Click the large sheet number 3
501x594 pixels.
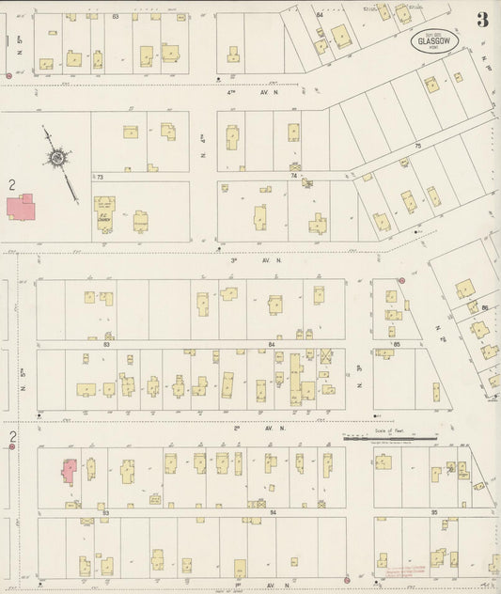click(481, 21)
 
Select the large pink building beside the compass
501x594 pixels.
click(21, 207)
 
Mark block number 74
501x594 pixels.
click(294, 176)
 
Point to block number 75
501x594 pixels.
click(418, 146)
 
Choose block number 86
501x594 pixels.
click(486, 307)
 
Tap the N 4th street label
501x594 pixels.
click(202, 143)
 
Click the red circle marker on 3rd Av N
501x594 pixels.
click(400, 280)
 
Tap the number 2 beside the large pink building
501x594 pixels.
click(10, 185)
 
